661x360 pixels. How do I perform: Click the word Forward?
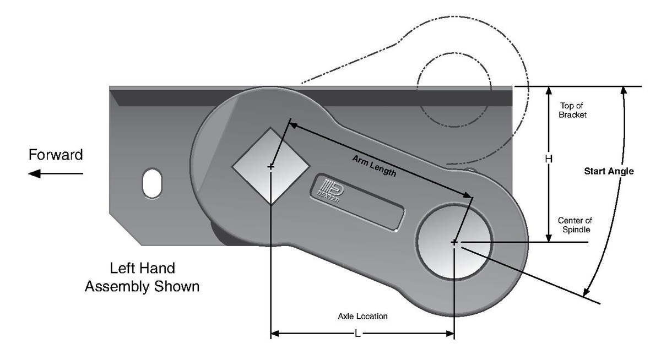tap(56, 155)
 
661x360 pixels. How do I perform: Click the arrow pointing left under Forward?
tap(56, 174)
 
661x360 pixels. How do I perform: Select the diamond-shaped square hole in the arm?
tap(270, 166)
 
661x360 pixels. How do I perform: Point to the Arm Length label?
tap(374, 165)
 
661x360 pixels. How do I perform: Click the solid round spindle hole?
tap(454, 242)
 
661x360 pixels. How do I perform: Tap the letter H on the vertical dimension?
tap(549, 159)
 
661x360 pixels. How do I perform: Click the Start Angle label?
tap(609, 171)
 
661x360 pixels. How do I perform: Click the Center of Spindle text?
tap(575, 225)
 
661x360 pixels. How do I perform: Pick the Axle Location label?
tap(362, 317)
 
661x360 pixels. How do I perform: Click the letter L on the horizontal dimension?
tap(357, 334)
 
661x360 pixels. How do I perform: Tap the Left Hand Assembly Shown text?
tap(142, 277)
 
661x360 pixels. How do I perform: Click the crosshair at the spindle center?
tap(454, 242)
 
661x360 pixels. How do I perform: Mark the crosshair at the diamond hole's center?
tap(270, 166)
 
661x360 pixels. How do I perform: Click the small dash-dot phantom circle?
tap(454, 90)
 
